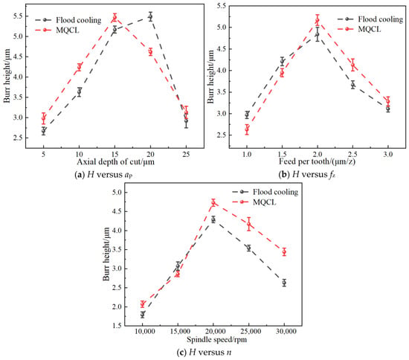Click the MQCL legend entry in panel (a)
57,30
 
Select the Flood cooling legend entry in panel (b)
370,19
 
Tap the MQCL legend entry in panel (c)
254,202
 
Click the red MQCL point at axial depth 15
115,17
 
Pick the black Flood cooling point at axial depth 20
150,16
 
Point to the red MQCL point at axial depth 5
44,118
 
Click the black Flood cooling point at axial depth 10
80,91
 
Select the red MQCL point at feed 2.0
318,20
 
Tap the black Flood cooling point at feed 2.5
353,85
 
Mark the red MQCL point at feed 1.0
247,129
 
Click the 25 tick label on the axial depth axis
186,155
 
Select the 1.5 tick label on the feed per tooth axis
282,155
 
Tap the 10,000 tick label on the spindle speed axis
143,332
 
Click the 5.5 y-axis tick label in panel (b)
220,5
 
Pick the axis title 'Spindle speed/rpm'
216,339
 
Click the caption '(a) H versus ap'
103,175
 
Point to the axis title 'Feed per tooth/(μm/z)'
318,161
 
